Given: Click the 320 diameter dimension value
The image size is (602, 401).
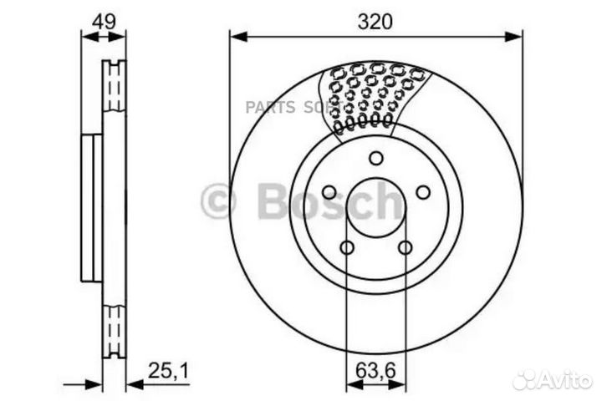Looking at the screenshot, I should [375, 23].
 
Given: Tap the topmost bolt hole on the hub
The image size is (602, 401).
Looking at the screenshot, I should [375, 159].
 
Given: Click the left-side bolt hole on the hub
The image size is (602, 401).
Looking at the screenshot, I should [329, 193].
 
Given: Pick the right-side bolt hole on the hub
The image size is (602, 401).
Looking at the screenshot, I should [422, 193].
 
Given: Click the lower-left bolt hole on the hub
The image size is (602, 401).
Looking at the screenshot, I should [346, 248].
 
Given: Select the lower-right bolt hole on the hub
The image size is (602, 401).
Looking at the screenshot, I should [405, 248].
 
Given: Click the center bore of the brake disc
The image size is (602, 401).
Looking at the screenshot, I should [375, 208].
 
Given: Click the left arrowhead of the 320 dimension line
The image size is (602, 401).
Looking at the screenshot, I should [235, 36].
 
